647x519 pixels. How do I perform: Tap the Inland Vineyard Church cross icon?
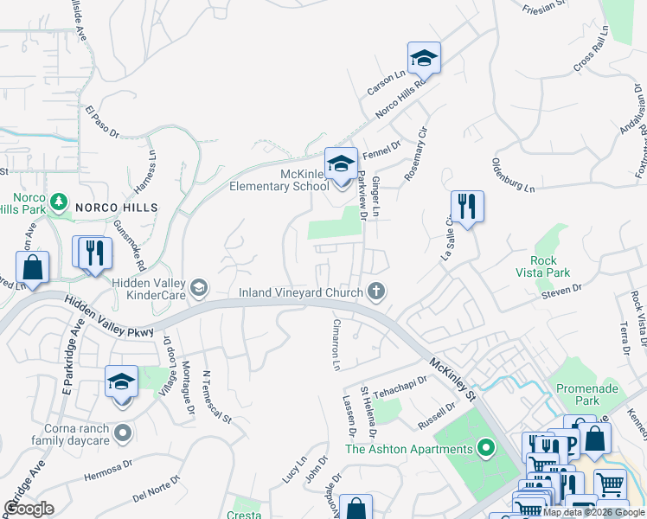pos(375,292)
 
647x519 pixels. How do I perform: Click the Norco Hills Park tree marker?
pos(58,202)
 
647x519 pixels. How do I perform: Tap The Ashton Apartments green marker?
pos(485,448)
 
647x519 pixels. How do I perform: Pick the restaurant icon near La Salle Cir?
pos(467,207)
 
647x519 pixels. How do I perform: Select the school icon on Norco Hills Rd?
pos(424,58)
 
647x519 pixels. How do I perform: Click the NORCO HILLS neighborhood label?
pos(116,208)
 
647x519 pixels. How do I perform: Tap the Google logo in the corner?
pos(29,509)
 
